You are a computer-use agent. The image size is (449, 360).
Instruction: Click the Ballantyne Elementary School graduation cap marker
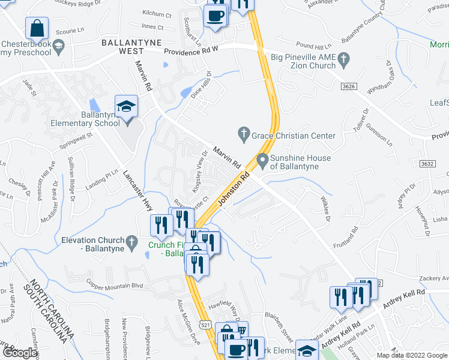point(126,107)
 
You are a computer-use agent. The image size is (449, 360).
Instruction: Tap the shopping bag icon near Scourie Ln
point(37,28)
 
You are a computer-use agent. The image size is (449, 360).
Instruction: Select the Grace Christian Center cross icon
point(244,132)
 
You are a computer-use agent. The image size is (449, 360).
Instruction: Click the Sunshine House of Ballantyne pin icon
point(262,160)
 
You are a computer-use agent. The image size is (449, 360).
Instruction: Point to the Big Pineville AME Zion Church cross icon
point(343,58)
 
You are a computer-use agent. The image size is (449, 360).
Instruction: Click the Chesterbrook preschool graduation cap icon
point(58,44)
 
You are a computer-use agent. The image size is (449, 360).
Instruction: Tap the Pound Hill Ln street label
point(314,46)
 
